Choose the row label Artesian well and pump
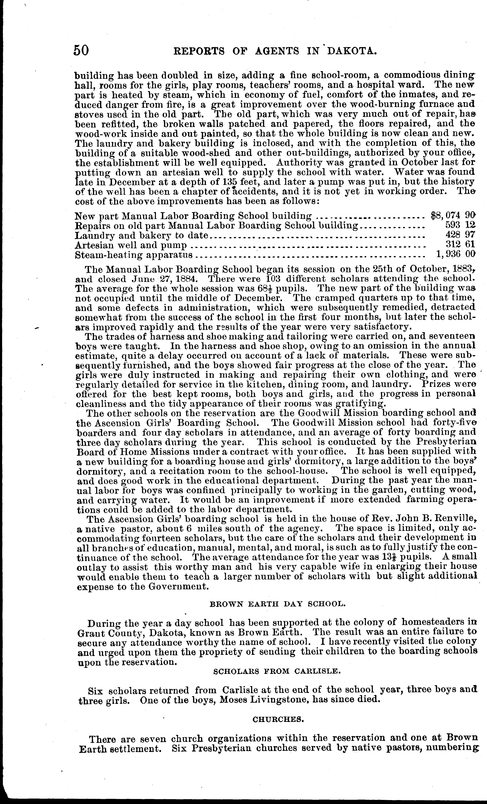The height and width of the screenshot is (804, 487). coord(131,245)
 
